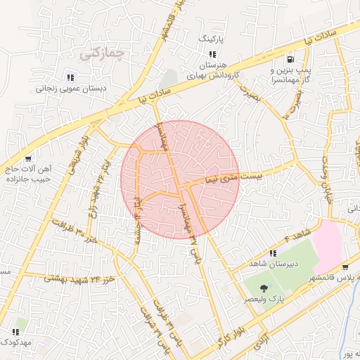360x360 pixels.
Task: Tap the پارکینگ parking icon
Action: pos(212,53)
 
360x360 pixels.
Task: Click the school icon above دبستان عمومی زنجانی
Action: pos(70,77)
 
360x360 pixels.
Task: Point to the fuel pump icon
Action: pos(290,59)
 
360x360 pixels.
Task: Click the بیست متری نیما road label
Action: pos(233,175)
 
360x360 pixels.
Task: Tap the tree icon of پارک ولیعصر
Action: pos(263,288)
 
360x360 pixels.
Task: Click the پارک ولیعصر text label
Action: pos(264,300)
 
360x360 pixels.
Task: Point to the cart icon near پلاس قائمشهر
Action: pos(345,267)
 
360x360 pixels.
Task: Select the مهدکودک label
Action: pos(15,342)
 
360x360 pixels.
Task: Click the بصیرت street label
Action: pos(249,94)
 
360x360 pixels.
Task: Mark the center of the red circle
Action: pos(180,179)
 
